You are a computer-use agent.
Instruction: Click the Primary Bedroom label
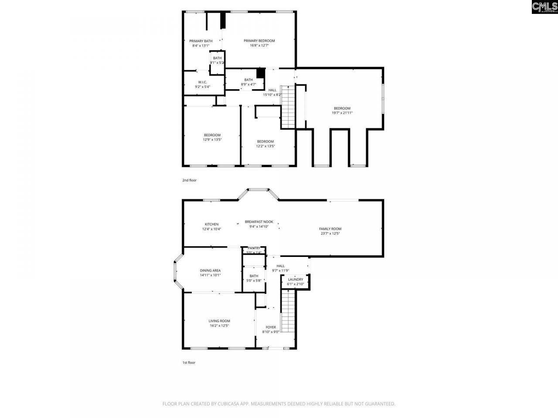pos(259,41)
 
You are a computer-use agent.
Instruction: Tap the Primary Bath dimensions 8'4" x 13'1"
pos(201,45)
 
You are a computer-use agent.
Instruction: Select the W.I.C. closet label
pos(202,82)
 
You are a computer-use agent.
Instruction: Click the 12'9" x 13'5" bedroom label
pos(212,135)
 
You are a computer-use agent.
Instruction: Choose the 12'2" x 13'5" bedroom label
pos(265,142)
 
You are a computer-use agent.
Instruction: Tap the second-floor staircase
pos(287,107)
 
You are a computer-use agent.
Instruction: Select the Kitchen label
pos(211,224)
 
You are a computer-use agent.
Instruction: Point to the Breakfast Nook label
pos(259,222)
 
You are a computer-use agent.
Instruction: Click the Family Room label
pos(330,229)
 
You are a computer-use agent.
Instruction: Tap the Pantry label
pos(254,248)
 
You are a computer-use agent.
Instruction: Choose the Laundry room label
pos(295,280)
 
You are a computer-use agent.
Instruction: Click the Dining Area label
pos(210,270)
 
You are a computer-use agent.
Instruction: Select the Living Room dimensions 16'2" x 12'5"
pos(219,326)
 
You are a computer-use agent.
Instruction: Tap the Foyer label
pos(271,327)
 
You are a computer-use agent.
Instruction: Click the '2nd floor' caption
pos(189,180)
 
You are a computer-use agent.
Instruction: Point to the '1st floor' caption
pos(189,362)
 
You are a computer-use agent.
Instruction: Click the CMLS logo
pos(544,7)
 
